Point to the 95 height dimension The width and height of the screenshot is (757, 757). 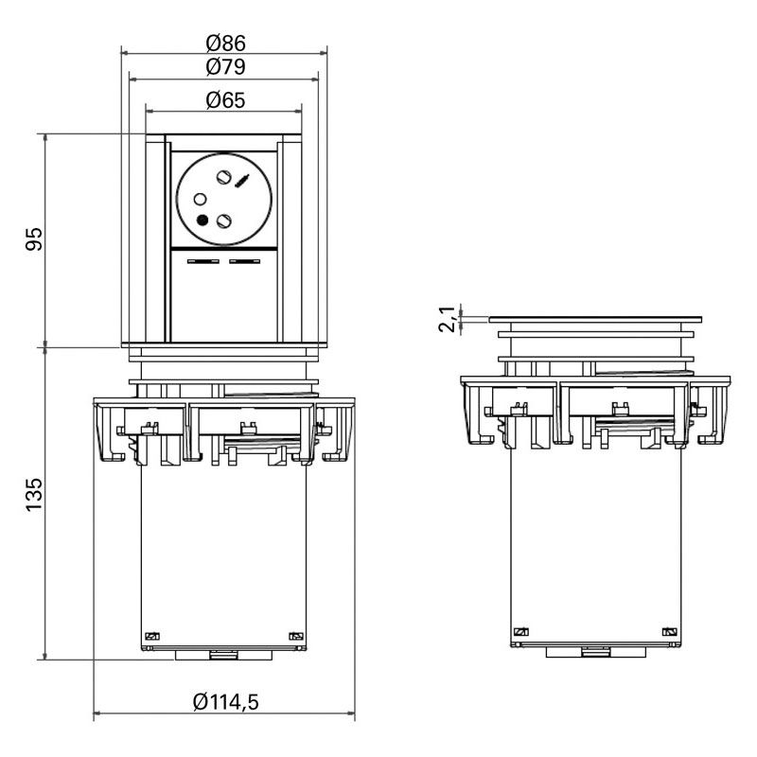tap(34, 239)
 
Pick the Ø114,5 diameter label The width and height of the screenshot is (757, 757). tap(225, 701)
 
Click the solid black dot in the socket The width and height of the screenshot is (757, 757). tap(202, 220)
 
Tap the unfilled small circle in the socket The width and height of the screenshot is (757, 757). tap(201, 199)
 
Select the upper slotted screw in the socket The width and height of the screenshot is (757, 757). tap(225, 176)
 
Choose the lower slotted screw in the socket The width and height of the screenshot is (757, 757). tap(224, 220)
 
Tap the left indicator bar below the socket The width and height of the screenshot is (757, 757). tap(203, 261)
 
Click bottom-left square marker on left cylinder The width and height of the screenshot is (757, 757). tap(149, 636)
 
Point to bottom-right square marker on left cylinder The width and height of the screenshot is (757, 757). tap(294, 636)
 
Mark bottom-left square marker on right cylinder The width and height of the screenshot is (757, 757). tap(519, 632)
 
